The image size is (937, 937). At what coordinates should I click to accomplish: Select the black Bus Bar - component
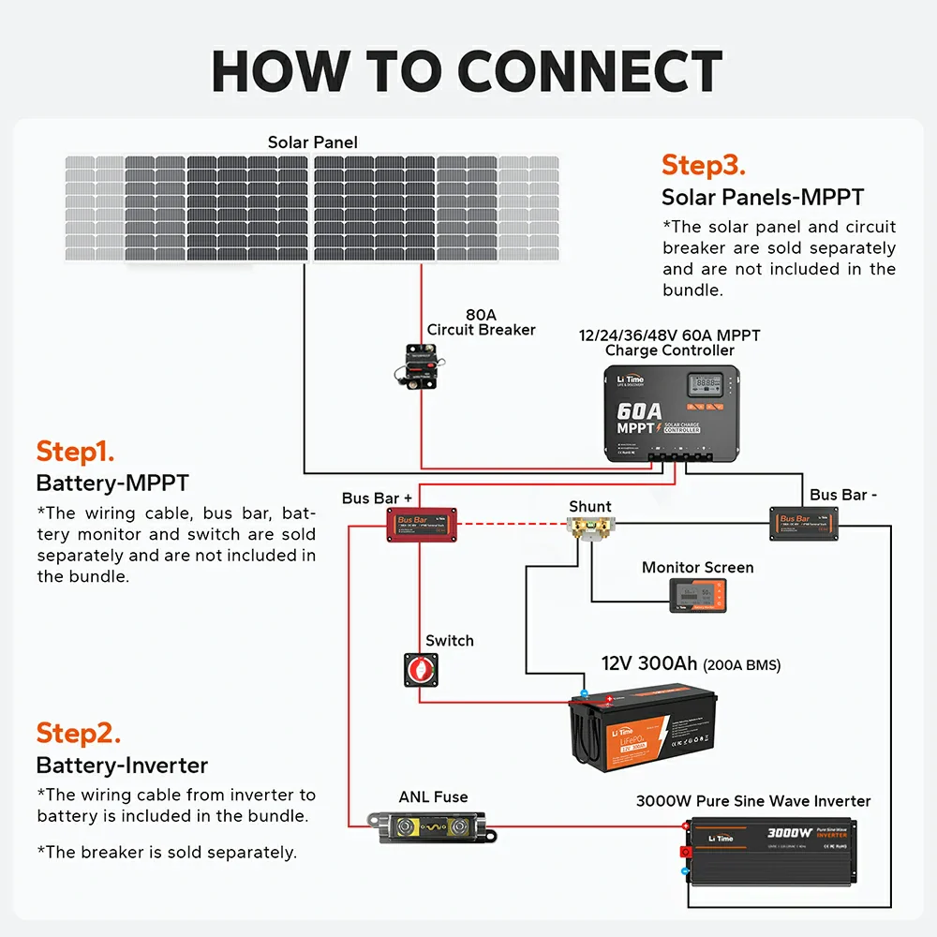pyautogui.click(x=804, y=523)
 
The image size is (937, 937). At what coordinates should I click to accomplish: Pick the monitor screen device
pyautogui.click(x=696, y=595)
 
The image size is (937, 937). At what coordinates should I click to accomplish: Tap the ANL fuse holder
pyautogui.click(x=435, y=828)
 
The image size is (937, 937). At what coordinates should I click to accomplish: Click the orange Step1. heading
pyautogui.click(x=75, y=452)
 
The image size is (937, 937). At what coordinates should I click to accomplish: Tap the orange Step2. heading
pyautogui.click(x=78, y=733)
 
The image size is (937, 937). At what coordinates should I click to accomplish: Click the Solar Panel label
pyautogui.click(x=312, y=142)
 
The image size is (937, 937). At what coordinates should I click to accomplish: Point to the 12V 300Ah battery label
pyautogui.click(x=690, y=664)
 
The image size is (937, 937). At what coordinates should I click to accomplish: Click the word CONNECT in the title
pyautogui.click(x=589, y=71)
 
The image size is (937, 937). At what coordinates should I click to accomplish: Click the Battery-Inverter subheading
pyautogui.click(x=122, y=766)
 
